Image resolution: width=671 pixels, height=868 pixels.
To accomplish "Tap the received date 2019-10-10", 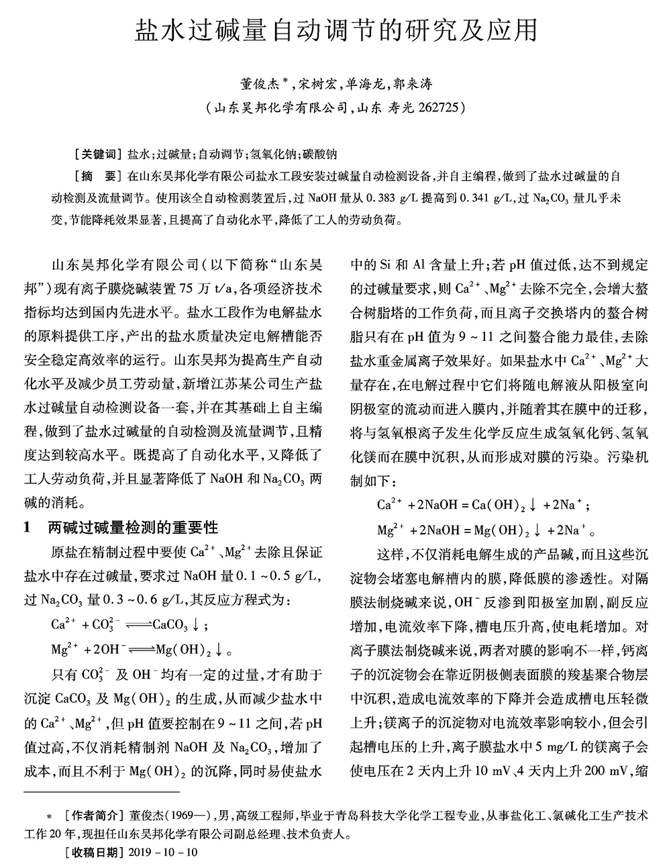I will [162, 853].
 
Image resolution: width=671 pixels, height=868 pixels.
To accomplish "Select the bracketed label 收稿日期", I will [91, 853].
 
